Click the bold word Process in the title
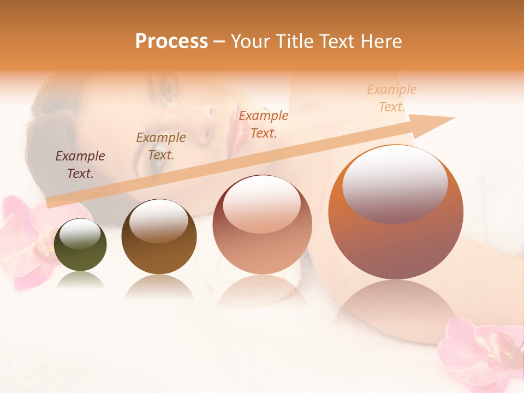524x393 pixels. [x=171, y=41]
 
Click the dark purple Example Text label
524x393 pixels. [x=80, y=165]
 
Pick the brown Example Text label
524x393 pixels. [x=161, y=146]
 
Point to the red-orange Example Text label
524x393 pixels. [x=264, y=124]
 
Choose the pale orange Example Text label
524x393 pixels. [x=392, y=98]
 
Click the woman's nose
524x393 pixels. [x=206, y=123]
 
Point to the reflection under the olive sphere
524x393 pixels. [x=81, y=280]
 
